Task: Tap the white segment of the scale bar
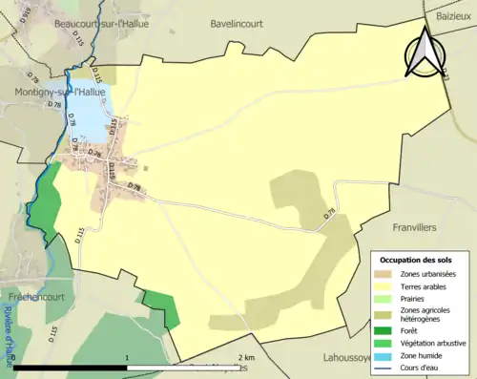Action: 187,368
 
